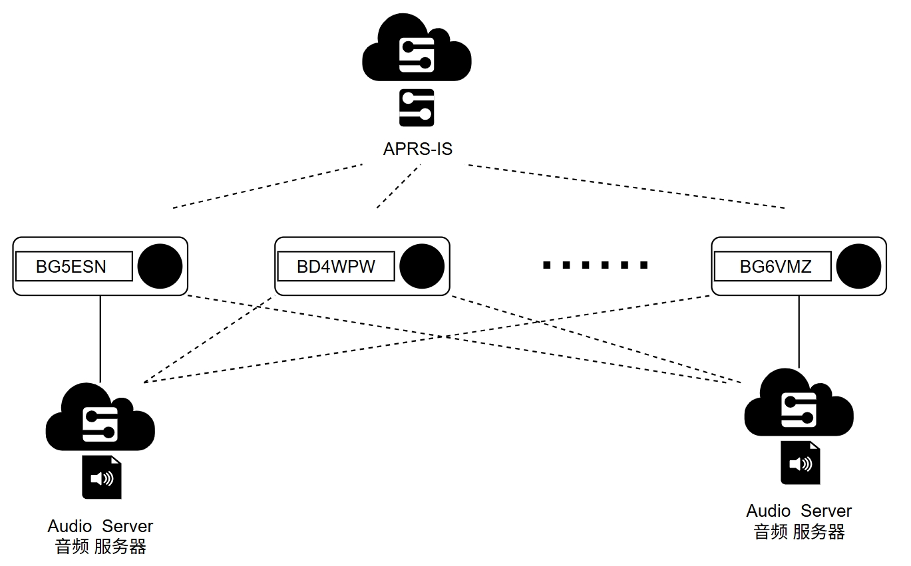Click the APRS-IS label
pyautogui.click(x=417, y=149)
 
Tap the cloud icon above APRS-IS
pyautogui.click(x=417, y=50)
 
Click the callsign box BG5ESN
pyautogui.click(x=75, y=267)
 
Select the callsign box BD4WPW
pyautogui.click(x=336, y=267)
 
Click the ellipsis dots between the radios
pyautogui.click(x=596, y=265)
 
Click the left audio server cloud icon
pyautogui.click(x=100, y=418)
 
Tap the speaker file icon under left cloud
pyautogui.click(x=102, y=477)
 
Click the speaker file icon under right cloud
pyautogui.click(x=800, y=463)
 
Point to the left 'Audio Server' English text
pyautogui.click(x=100, y=526)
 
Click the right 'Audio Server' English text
pyautogui.click(x=799, y=511)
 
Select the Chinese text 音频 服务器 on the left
pyautogui.click(x=100, y=547)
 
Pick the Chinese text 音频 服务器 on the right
pyautogui.click(x=799, y=532)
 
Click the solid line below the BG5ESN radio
pyautogui.click(x=100, y=338)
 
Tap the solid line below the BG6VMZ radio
pyautogui.click(x=799, y=331)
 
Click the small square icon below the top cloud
pyautogui.click(x=417, y=108)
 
